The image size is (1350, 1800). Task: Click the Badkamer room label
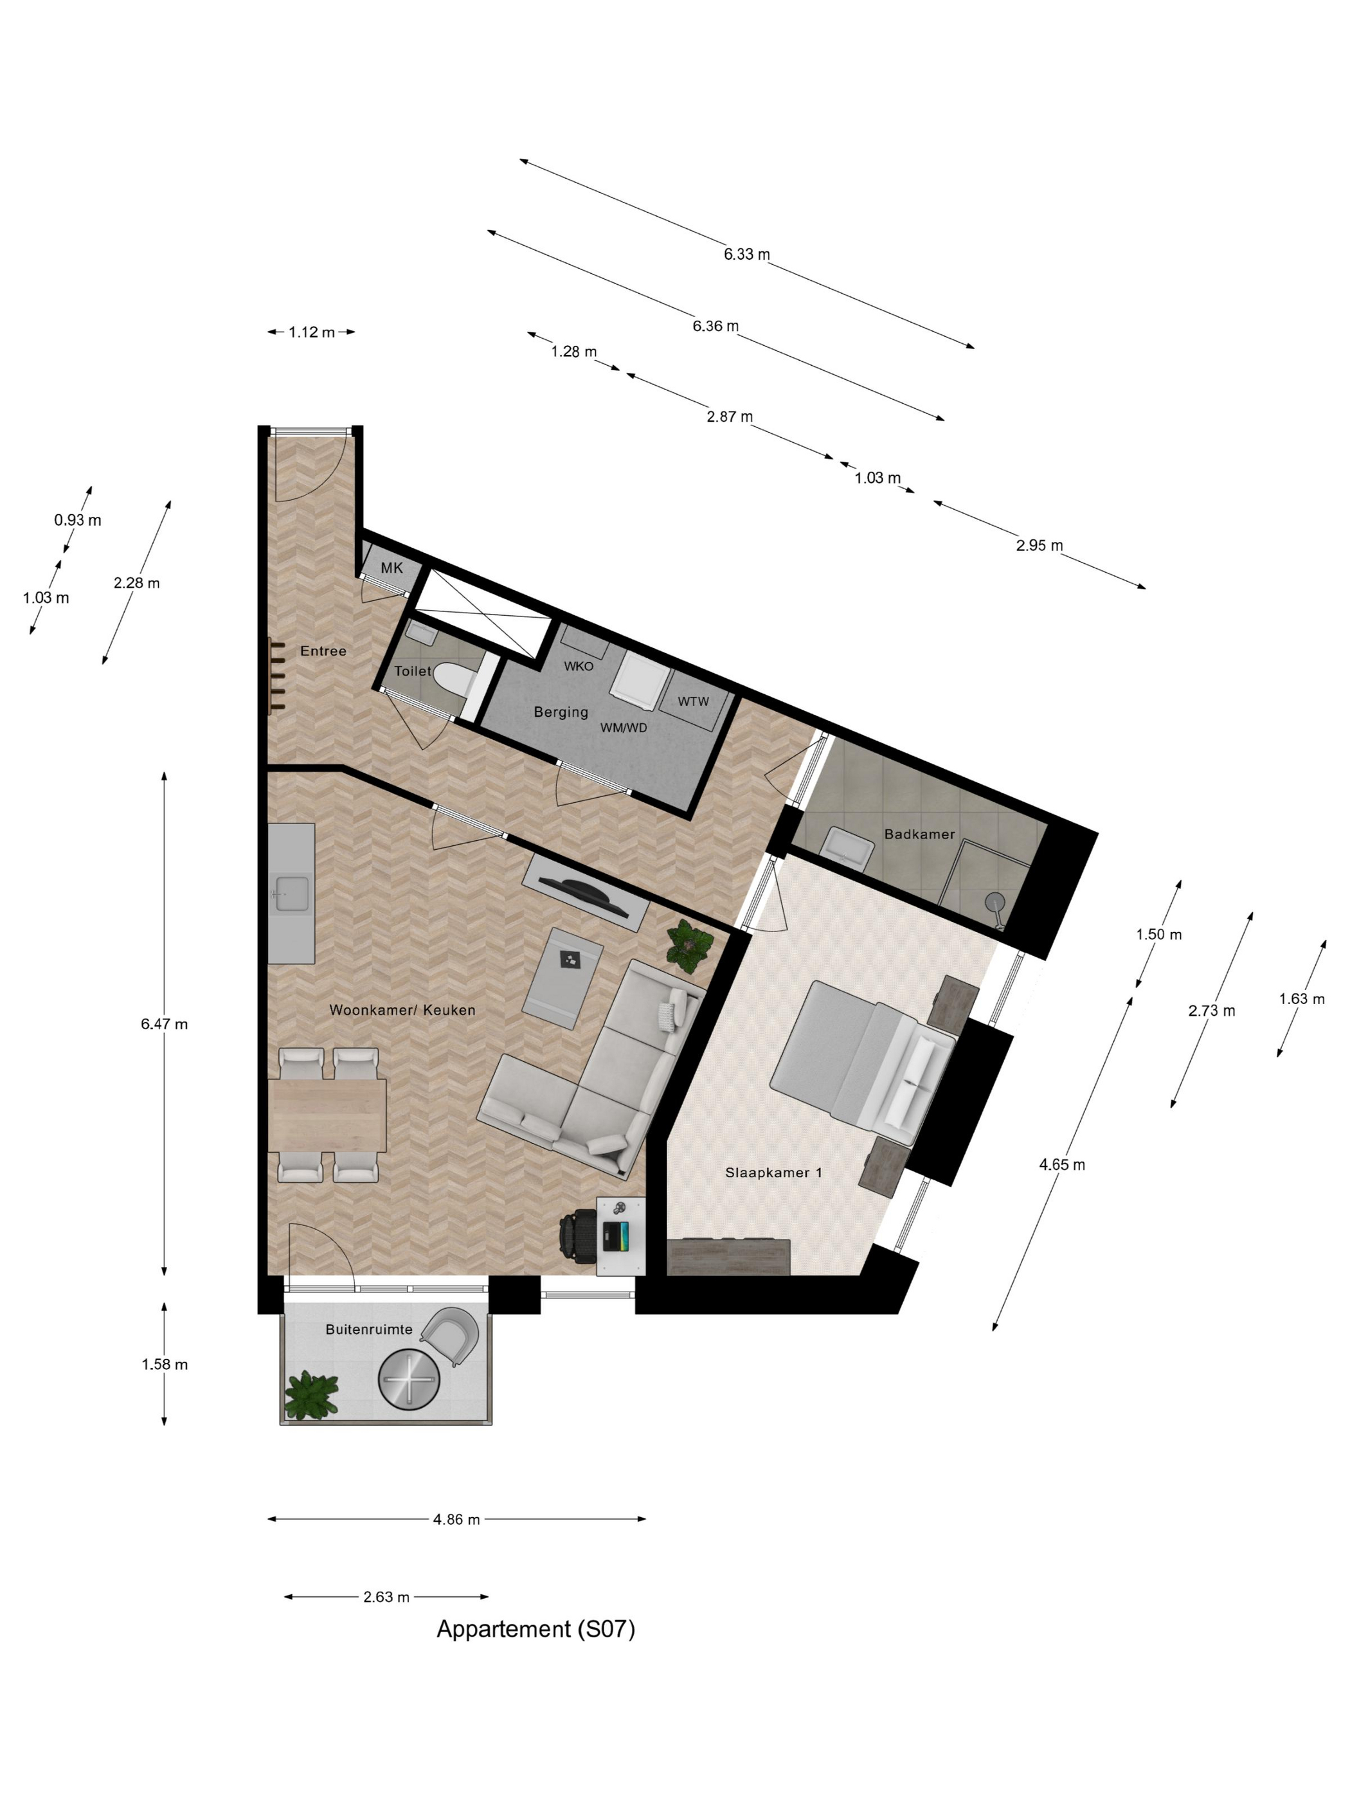click(x=919, y=834)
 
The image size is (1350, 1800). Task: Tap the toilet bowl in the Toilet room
click(x=453, y=677)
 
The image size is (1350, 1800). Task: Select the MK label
click(x=392, y=568)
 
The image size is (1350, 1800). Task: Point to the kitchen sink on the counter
click(x=291, y=894)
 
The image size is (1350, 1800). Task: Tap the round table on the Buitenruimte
click(x=408, y=1380)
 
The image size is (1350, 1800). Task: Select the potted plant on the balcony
click(x=311, y=1395)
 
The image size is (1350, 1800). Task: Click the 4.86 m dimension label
click(x=456, y=1519)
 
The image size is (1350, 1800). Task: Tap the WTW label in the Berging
click(x=692, y=701)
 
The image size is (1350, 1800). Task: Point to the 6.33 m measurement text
click(x=746, y=254)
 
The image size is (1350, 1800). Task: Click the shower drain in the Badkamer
click(x=995, y=902)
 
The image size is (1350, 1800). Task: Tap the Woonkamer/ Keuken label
click(x=402, y=1010)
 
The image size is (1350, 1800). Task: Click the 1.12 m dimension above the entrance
click(x=311, y=332)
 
